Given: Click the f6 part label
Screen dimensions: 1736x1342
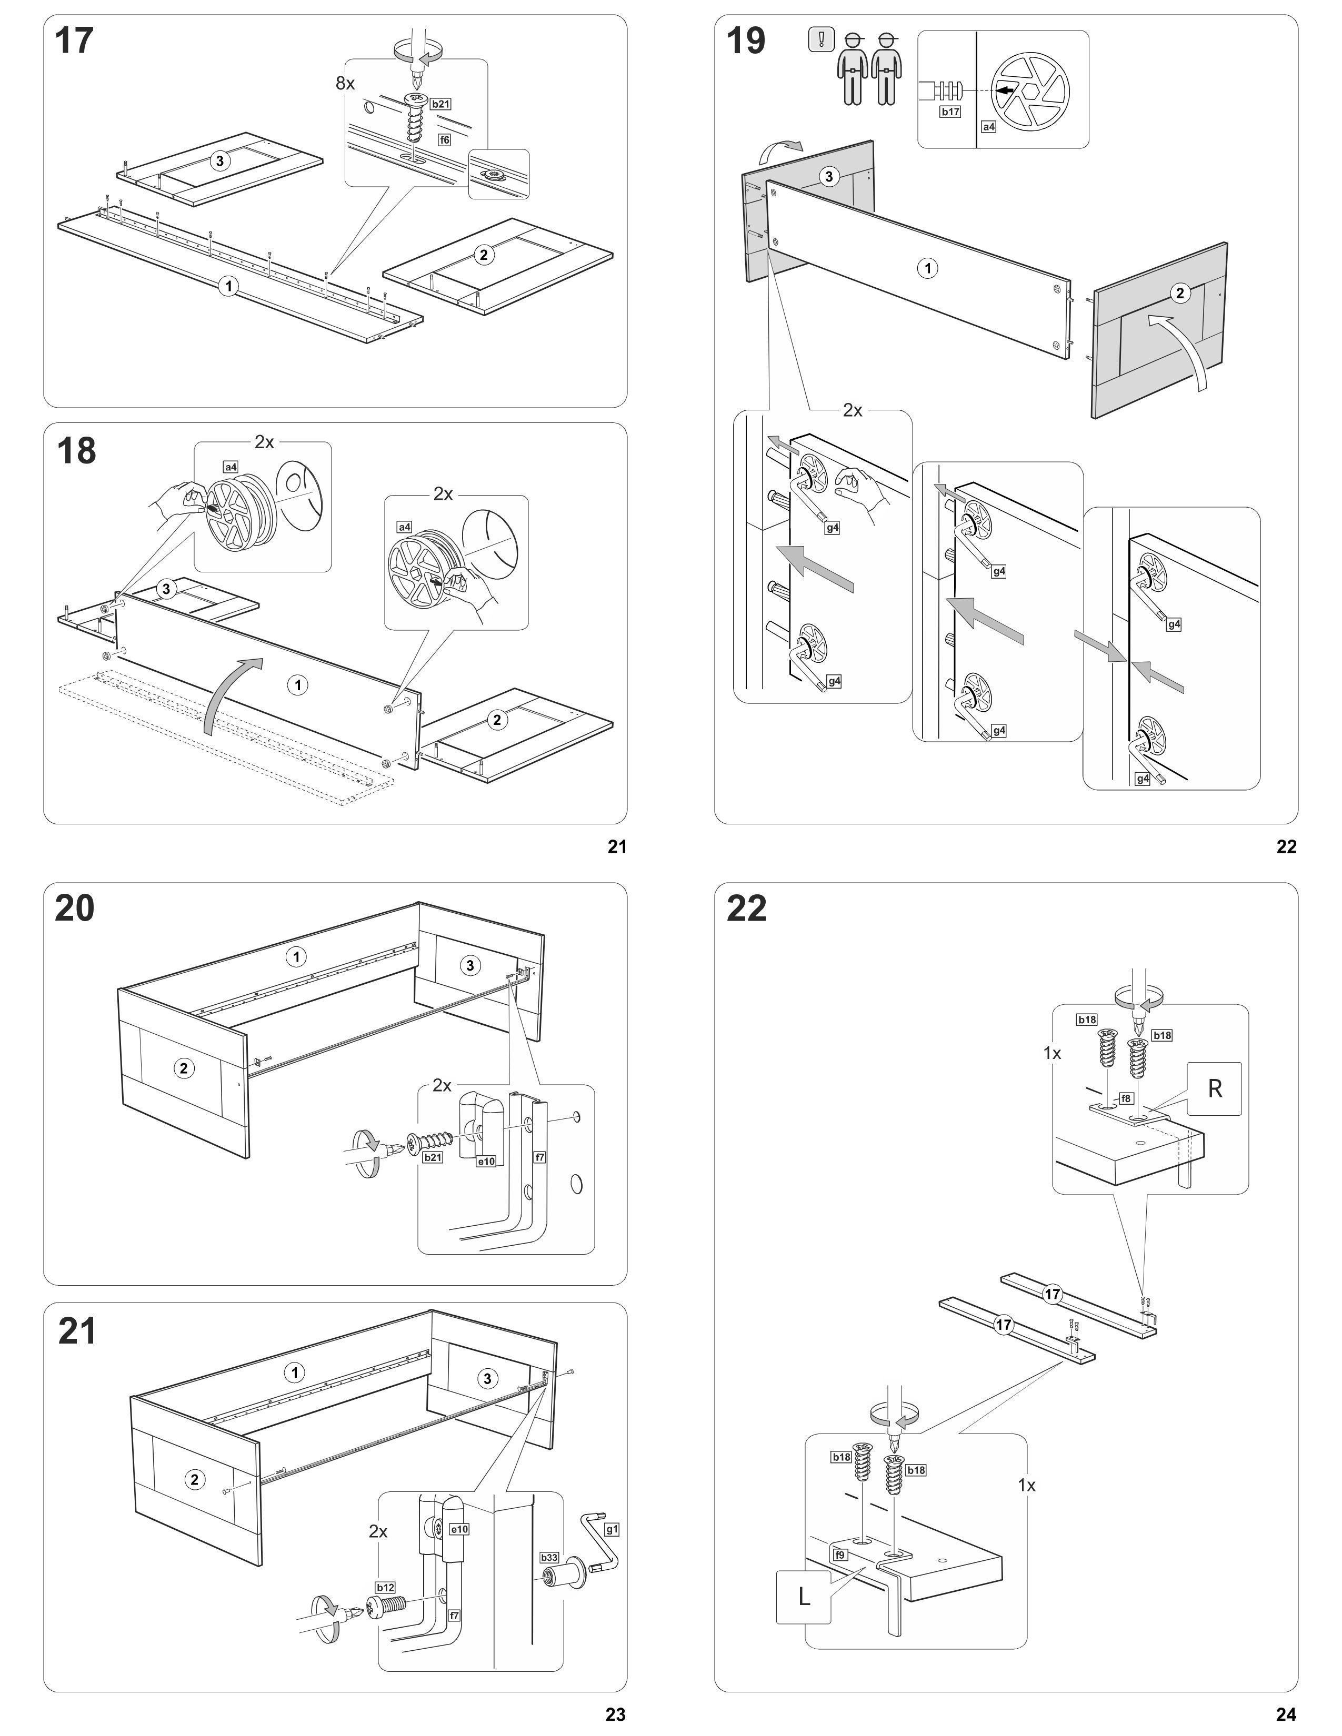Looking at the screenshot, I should (444, 140).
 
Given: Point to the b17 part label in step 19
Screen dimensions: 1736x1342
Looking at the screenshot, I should (950, 112).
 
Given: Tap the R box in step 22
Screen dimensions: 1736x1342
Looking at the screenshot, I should (1214, 1088).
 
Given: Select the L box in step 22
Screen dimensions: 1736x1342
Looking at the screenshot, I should (804, 1596).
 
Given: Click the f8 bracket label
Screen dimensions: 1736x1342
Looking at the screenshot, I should (1126, 1098).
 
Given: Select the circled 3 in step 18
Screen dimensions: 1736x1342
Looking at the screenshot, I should (165, 589).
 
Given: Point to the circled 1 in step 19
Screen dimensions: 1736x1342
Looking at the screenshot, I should (927, 269).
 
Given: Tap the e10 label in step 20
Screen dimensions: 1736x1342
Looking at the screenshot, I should (486, 1162).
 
